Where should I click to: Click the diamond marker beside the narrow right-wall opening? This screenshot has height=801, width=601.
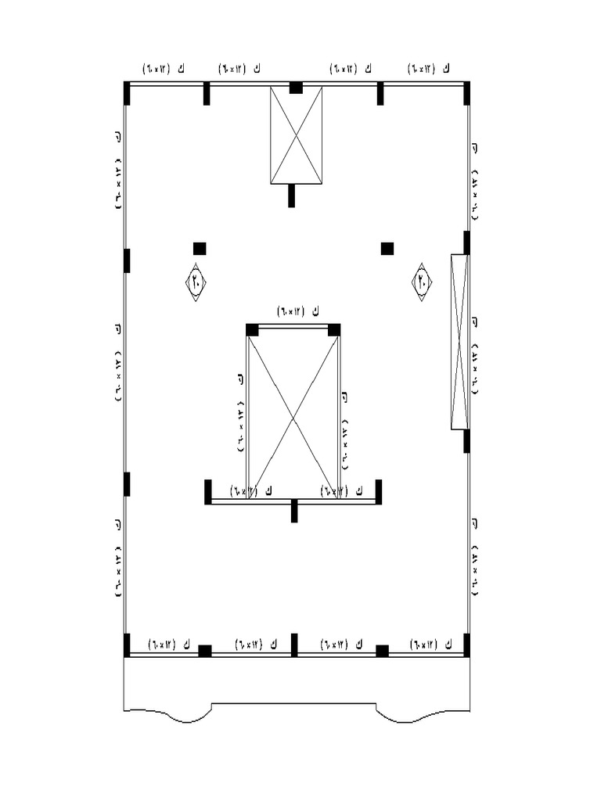coord(422,282)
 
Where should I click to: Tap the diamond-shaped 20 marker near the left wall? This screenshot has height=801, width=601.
coord(196,282)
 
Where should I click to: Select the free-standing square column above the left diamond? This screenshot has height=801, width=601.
coord(200,249)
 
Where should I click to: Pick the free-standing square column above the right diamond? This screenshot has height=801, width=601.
coord(387,249)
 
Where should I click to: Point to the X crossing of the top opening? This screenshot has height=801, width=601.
coord(297,135)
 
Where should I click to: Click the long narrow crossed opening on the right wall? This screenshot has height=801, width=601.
coord(460,342)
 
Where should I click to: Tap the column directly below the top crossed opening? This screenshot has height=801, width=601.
coord(291,196)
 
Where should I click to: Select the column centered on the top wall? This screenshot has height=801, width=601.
coord(296,88)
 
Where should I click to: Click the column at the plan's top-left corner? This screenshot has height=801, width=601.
coord(127,93)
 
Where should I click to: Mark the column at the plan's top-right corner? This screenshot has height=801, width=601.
coord(466,93)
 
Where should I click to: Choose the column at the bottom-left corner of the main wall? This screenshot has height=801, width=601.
coord(127,645)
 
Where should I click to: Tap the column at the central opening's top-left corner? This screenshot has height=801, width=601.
coord(252,329)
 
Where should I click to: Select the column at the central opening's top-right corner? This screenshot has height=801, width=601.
coord(334,329)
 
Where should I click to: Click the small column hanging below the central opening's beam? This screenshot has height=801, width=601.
coord(294,511)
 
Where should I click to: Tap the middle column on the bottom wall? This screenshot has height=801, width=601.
coord(294,645)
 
